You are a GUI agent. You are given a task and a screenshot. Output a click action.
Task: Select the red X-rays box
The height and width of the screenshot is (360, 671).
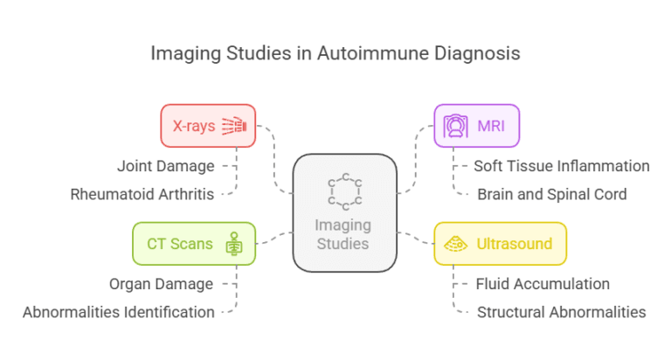[208, 126]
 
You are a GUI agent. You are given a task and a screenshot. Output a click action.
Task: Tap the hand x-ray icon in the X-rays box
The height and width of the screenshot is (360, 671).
[235, 126]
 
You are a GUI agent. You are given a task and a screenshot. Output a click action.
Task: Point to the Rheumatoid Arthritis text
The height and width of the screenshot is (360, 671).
[142, 194]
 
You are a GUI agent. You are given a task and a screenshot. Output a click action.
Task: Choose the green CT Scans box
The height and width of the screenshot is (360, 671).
[194, 243]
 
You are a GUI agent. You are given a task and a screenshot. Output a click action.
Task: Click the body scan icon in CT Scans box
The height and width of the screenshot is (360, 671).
[233, 244]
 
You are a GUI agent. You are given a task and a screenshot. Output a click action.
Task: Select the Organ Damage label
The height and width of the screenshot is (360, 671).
[161, 283]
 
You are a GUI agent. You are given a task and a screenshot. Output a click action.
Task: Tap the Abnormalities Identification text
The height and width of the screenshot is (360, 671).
[119, 312]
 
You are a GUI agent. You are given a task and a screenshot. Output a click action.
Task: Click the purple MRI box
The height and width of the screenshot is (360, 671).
[476, 126]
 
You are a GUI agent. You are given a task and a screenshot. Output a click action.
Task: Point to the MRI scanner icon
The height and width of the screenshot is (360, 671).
[456, 126]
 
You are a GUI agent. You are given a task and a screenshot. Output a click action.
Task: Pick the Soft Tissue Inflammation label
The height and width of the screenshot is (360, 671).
[562, 165]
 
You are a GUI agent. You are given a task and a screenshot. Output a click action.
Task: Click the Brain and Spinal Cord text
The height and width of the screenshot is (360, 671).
[551, 194]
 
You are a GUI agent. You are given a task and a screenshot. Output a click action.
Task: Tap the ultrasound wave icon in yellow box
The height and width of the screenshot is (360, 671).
[456, 244]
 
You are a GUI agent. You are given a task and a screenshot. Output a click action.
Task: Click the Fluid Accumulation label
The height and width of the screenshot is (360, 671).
[543, 283]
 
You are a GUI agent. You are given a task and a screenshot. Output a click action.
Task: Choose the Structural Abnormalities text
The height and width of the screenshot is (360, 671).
[561, 312]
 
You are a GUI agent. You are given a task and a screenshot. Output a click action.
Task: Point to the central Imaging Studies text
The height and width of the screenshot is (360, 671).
[344, 233]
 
